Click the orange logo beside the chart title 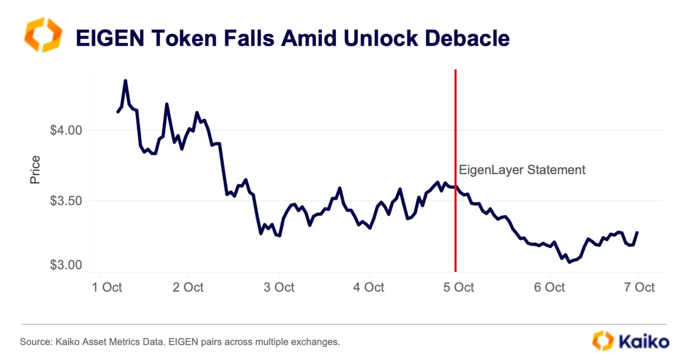tap(42, 35)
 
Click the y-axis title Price tap(35, 170)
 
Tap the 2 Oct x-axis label tap(187, 287)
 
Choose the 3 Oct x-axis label tap(278, 287)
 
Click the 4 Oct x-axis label tap(368, 287)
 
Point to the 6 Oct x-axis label tap(549, 287)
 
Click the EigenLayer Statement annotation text tap(522, 170)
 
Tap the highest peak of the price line tap(125, 81)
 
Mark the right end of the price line tap(637, 232)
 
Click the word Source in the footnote tap(34, 342)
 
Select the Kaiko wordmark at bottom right tap(644, 341)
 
